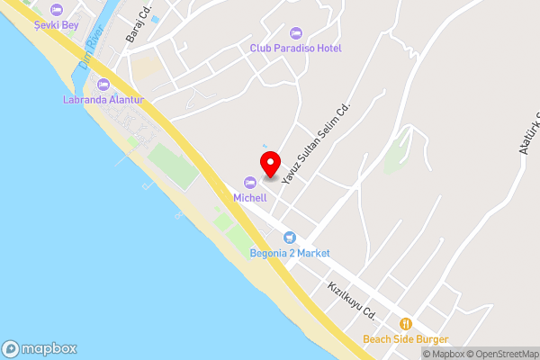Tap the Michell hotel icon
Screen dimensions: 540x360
[x=250, y=183]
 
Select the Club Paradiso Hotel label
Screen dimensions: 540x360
[x=296, y=48]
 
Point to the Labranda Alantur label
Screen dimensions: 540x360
[x=103, y=99]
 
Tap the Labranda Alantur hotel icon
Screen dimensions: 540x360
[x=103, y=85]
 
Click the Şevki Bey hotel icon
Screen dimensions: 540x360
[x=57, y=9]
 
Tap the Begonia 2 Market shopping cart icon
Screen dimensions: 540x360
[x=289, y=238]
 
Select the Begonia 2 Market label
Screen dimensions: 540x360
[x=290, y=253]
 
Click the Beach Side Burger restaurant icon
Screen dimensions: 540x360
[x=406, y=324]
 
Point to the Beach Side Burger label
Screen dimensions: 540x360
[x=406, y=339]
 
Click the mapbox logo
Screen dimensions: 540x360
[x=40, y=349]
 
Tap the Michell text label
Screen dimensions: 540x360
[x=250, y=197]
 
